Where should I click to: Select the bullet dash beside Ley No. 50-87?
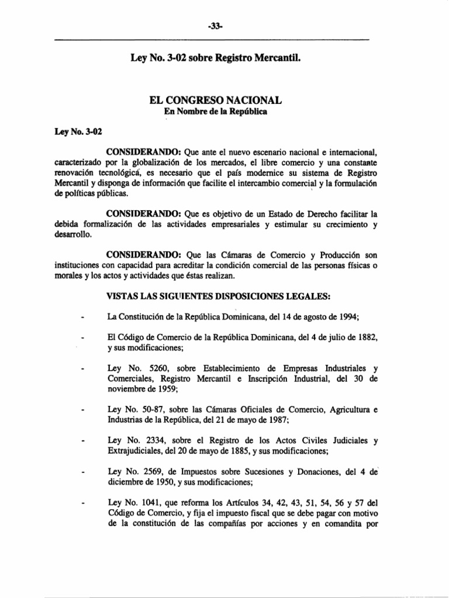tap(85, 411)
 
